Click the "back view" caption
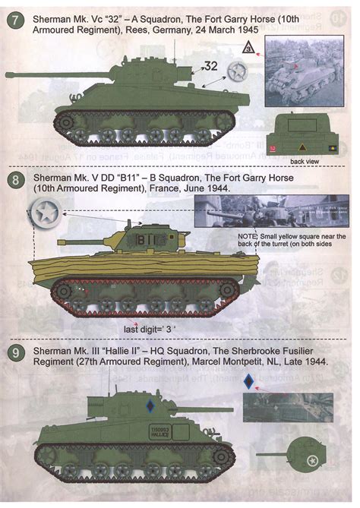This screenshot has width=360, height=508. click(305, 162)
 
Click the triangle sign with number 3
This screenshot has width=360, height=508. click(248, 50)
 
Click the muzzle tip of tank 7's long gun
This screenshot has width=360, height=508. click(7, 75)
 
